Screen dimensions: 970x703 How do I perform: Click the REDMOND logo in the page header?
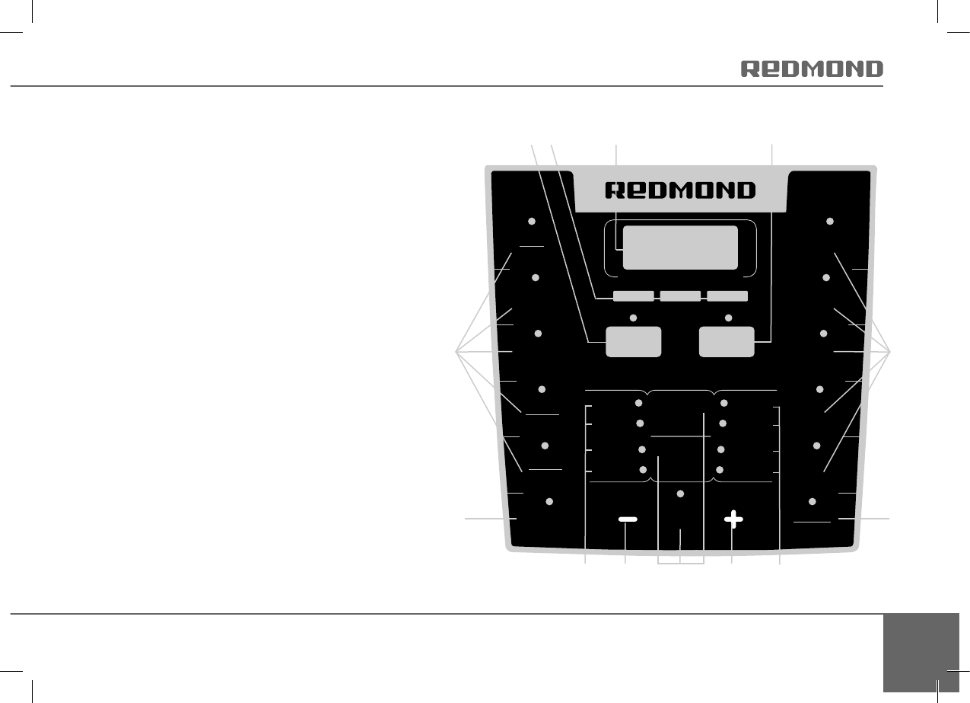click(812, 69)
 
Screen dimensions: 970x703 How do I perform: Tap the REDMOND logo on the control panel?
click(680, 190)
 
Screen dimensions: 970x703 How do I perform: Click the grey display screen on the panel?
click(680, 247)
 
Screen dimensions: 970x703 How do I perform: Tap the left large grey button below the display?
click(633, 341)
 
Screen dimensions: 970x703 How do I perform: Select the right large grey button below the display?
click(727, 341)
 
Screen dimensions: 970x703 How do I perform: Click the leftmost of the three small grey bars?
click(633, 296)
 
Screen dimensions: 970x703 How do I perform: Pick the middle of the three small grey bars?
click(680, 296)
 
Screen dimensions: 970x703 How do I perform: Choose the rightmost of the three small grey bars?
click(727, 296)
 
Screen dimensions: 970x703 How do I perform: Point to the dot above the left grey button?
click(633, 317)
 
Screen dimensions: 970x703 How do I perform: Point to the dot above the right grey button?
click(728, 317)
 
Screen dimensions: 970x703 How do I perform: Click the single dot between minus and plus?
click(681, 494)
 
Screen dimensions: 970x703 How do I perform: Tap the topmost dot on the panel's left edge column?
click(532, 221)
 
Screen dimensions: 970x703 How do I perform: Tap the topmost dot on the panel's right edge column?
click(830, 221)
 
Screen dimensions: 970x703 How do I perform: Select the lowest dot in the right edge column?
click(813, 501)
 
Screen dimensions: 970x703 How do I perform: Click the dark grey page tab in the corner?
click(922, 652)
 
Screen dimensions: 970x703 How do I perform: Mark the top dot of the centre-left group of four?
click(639, 402)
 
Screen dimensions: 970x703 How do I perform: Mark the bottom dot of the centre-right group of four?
click(720, 469)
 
